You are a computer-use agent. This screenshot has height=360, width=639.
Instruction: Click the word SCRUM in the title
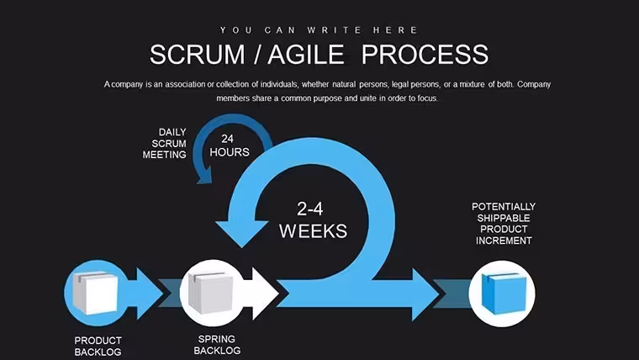pos(198,55)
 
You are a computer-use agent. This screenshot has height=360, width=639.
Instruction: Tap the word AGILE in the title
pos(306,55)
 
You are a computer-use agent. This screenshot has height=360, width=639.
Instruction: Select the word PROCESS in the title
pos(425,55)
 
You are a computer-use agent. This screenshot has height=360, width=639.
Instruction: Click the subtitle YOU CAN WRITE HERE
pos(319,30)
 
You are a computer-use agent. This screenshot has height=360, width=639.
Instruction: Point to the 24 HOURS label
pos(229,146)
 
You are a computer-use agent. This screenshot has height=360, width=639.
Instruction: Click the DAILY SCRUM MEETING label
pos(165,144)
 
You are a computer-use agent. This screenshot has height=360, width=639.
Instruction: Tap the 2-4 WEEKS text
pos(313,220)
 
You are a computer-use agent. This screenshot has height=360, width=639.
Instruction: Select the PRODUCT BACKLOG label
pos(98,347)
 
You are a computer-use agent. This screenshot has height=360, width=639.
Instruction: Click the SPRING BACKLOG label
pos(217,345)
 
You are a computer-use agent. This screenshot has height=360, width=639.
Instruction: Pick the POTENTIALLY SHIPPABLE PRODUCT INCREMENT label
pos(504,224)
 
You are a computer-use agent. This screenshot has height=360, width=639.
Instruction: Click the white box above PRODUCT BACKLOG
pos(95,293)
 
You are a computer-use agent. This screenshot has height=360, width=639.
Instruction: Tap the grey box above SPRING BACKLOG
pos(211,293)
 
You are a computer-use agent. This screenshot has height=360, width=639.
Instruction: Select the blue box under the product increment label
pos(504,294)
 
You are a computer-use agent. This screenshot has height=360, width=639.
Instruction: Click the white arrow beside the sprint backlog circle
pos(263,294)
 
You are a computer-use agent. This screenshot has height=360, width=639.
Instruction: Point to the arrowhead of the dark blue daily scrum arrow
pos(203,176)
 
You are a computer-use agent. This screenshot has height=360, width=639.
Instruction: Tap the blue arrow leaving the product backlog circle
pos(147,294)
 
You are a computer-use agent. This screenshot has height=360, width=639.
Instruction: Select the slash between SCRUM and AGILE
pos(256,55)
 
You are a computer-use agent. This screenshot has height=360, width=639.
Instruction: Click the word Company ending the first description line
pos(534,85)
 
